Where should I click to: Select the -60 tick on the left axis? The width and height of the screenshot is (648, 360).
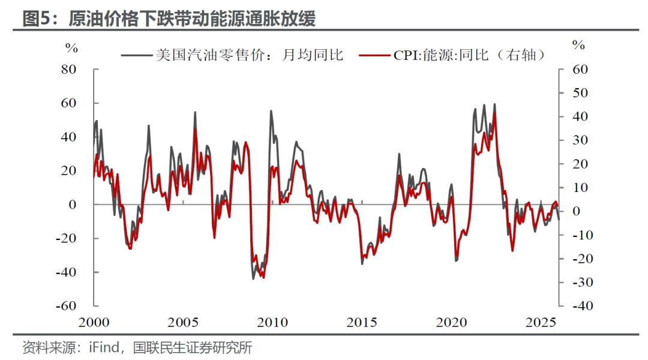click(x=67, y=305)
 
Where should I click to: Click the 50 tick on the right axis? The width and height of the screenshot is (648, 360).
click(x=580, y=93)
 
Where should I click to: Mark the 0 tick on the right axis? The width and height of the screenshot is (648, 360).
click(x=577, y=211)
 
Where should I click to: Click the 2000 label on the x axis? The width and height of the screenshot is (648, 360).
click(x=94, y=322)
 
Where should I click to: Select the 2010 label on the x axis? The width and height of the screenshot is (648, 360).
click(x=272, y=322)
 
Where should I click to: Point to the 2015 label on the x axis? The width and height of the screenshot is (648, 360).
click(x=362, y=322)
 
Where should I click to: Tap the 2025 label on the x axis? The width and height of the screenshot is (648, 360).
click(x=541, y=322)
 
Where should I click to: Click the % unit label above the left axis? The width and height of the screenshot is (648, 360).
click(x=71, y=46)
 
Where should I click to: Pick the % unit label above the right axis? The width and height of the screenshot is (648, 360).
click(x=578, y=45)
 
